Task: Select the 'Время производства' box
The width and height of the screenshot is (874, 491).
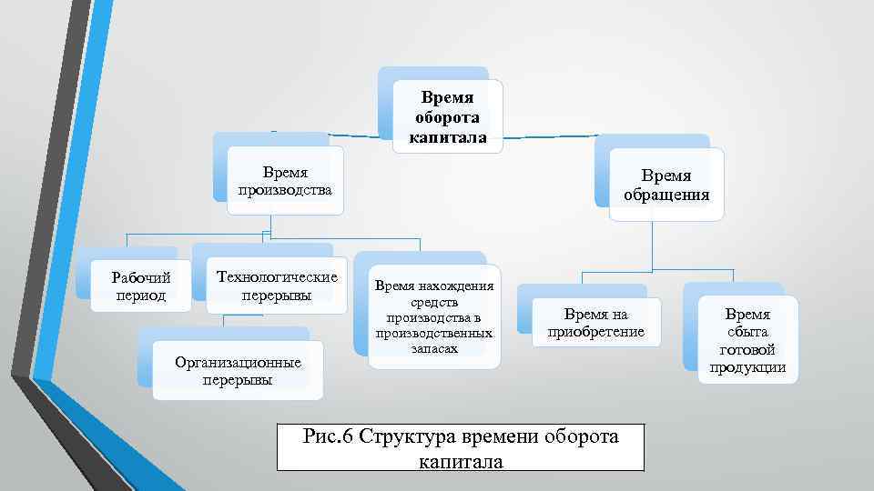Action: tap(285, 181)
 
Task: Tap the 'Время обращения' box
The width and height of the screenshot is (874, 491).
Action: tap(666, 185)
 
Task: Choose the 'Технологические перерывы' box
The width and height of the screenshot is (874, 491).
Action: tap(275, 286)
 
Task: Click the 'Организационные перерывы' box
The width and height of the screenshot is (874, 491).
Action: tap(238, 371)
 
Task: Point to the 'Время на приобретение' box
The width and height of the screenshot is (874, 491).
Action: tap(595, 324)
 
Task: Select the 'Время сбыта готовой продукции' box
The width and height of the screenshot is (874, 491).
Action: tap(747, 340)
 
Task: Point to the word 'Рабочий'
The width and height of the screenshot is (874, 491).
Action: tap(141, 277)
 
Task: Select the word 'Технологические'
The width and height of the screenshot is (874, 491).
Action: tap(275, 277)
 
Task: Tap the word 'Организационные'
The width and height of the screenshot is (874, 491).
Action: tap(238, 363)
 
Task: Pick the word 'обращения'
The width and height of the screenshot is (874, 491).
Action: tap(666, 195)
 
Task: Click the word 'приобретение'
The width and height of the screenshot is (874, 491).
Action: tap(595, 333)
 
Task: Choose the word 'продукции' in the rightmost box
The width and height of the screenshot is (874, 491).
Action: tap(747, 367)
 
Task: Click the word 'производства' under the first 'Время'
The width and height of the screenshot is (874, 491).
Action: tap(285, 190)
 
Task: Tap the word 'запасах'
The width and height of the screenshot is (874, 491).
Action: tap(434, 348)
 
